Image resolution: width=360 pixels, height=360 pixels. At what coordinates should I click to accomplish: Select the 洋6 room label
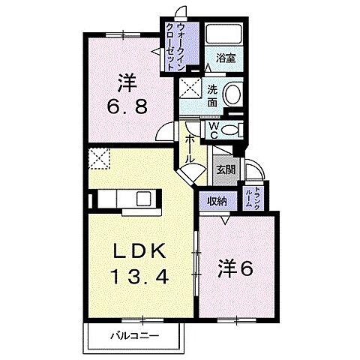233,267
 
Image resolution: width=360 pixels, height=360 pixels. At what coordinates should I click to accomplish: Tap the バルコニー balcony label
136,334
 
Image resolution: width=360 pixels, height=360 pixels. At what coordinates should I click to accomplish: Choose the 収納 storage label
217,201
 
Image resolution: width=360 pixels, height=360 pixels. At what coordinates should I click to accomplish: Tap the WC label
214,131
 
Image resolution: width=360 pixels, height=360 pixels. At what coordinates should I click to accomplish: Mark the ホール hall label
190,148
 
